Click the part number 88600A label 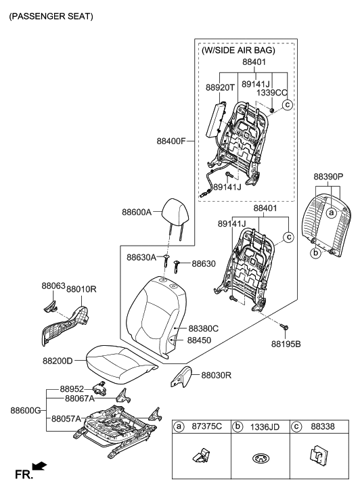pos(137,212)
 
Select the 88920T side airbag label pos(220,87)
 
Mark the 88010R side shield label pos(81,290)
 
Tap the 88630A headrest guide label pos(141,257)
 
